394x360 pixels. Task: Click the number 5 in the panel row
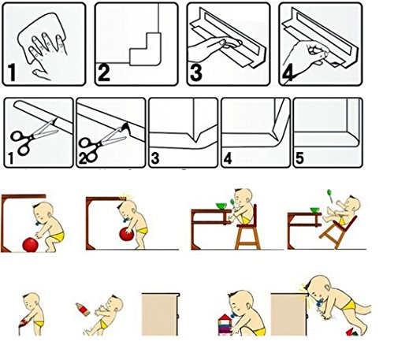click(299, 158)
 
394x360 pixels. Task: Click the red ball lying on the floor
click(30, 245)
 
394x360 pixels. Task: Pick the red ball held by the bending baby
click(127, 234)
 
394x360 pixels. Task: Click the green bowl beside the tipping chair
click(314, 210)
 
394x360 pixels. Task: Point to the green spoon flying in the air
click(329, 195)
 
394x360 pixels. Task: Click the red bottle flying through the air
click(83, 309)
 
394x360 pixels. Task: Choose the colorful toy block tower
click(225, 325)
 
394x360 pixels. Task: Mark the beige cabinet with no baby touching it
click(160, 314)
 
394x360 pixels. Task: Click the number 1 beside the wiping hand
click(12, 72)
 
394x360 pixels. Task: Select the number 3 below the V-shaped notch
click(155, 158)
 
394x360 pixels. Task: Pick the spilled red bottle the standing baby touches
click(23, 324)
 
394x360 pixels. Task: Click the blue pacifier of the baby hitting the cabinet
click(319, 304)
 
